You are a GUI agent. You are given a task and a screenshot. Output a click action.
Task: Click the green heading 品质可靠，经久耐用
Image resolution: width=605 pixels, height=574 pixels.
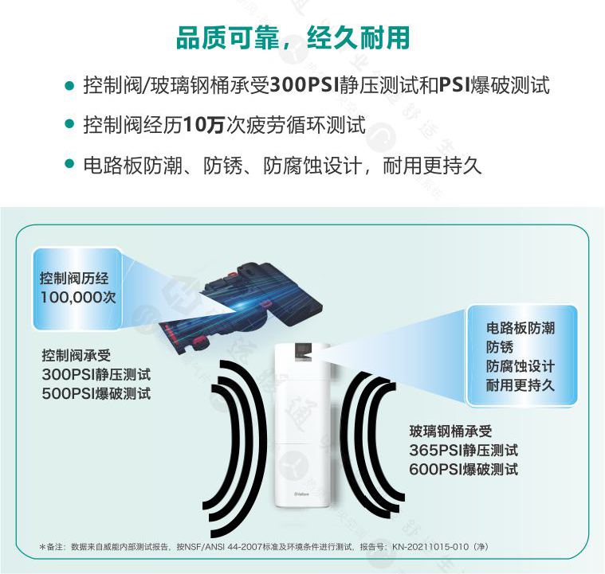pyautogui.click(x=293, y=38)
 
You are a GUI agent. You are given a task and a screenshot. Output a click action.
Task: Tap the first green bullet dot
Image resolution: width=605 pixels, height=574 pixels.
pyautogui.click(x=69, y=85)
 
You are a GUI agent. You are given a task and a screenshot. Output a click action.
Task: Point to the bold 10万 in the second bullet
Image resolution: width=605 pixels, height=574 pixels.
pyautogui.click(x=204, y=125)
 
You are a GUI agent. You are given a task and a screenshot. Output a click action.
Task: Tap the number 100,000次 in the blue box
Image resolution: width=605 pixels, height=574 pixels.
pyautogui.click(x=78, y=297)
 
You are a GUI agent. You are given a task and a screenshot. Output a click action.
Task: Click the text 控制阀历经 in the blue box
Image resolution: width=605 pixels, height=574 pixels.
pyautogui.click(x=74, y=279)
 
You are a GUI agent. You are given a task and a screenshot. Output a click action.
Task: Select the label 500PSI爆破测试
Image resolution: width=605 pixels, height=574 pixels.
pyautogui.click(x=96, y=393)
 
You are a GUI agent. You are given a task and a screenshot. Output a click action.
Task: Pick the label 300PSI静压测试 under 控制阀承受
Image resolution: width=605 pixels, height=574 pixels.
pyautogui.click(x=96, y=374)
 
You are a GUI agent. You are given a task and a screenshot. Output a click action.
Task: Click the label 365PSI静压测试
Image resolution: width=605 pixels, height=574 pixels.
pyautogui.click(x=463, y=450)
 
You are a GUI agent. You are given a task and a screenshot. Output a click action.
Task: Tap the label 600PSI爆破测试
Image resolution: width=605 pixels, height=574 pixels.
pyautogui.click(x=463, y=469)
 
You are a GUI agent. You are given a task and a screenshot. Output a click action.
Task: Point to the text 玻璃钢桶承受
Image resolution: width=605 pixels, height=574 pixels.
pyautogui.click(x=450, y=431)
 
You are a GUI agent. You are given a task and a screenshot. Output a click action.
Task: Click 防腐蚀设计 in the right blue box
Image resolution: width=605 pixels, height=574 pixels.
pyautogui.click(x=521, y=366)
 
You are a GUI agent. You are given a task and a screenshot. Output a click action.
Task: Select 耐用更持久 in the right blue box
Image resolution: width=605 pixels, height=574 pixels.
pyautogui.click(x=521, y=385)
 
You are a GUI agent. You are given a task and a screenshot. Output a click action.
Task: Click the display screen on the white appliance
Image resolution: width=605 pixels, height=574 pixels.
pyautogui.click(x=303, y=353)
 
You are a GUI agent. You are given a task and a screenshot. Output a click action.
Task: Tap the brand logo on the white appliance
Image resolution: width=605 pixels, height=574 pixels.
pyautogui.click(x=302, y=494)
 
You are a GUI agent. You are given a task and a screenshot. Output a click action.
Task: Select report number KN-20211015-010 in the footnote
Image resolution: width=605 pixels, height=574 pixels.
pyautogui.click(x=430, y=547)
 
